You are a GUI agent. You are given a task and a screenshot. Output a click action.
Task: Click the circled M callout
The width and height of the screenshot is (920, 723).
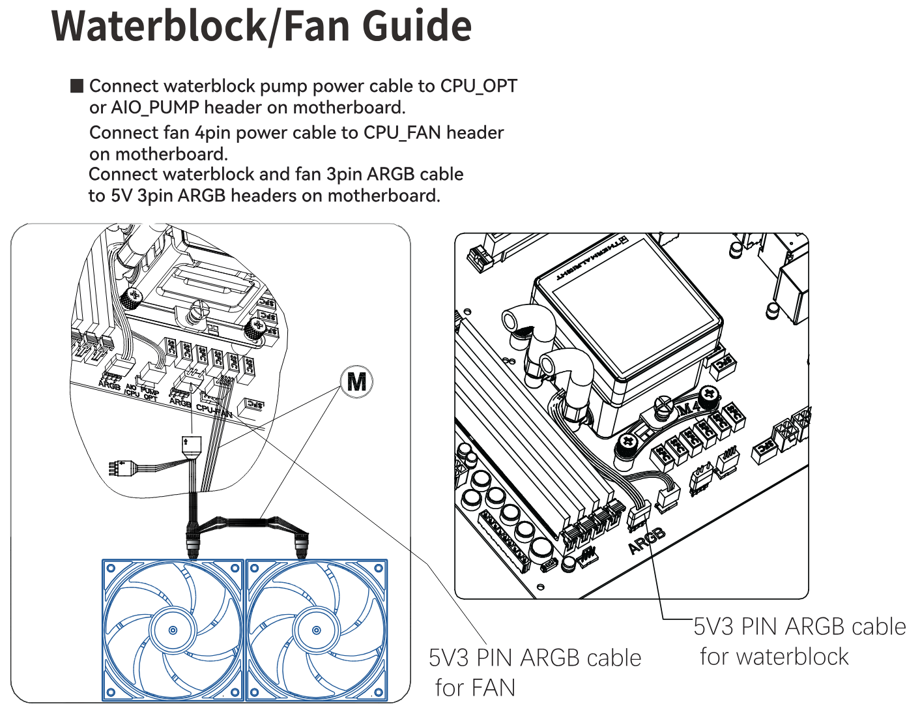point(356,381)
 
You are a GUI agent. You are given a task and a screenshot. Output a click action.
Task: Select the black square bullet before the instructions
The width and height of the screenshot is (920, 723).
point(77,86)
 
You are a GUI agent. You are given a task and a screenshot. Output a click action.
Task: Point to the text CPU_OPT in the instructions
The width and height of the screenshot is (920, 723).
point(478,86)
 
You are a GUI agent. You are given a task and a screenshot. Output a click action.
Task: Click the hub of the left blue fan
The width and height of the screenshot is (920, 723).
point(173,630)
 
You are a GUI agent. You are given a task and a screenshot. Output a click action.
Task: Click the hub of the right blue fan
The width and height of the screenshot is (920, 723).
point(317,630)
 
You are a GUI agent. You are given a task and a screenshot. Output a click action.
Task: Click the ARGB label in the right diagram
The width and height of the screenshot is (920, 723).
point(647,540)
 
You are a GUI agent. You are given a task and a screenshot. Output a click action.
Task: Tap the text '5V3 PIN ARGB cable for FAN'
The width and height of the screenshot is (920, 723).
point(534,671)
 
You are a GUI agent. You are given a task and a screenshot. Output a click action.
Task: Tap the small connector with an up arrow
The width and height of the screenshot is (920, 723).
point(192,446)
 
